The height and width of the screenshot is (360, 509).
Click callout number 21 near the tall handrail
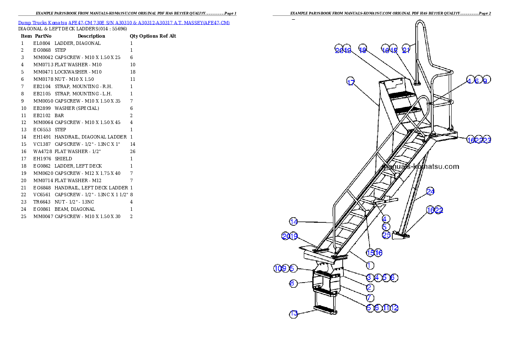point(406,50)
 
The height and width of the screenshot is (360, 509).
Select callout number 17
point(351,83)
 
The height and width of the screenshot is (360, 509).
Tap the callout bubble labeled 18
point(363,50)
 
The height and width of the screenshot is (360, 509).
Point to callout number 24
point(430,191)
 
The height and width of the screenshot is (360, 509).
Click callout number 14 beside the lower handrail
point(293,221)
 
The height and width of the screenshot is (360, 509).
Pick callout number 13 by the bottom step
point(293,314)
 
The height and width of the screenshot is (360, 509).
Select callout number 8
point(293,283)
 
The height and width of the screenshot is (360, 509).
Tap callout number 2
point(369,288)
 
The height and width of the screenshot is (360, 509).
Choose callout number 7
point(370,298)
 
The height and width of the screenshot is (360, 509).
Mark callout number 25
point(386,235)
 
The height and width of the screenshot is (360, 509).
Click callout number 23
point(487,140)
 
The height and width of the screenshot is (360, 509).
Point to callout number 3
point(369,277)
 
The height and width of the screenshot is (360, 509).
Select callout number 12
point(394,307)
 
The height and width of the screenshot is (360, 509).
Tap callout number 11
point(386,307)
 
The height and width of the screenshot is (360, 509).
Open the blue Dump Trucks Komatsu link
point(124,23)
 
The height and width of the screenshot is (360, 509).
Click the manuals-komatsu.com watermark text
point(421,167)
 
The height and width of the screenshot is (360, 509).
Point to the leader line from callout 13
point(306,312)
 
